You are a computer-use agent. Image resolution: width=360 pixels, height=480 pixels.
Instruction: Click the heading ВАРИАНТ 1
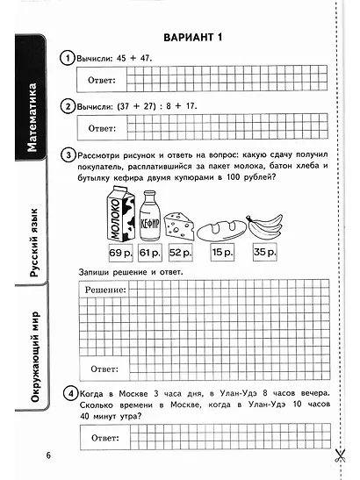click(x=194, y=37)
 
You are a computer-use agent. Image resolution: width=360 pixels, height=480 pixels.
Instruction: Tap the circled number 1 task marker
click(x=67, y=58)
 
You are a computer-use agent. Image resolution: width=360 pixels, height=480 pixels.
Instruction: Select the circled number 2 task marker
click(x=67, y=106)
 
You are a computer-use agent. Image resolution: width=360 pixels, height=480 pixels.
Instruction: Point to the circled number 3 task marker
click(x=68, y=154)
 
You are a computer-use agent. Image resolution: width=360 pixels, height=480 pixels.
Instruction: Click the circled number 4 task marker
click(x=68, y=392)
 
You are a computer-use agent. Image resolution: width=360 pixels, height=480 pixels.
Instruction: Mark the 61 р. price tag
click(x=149, y=254)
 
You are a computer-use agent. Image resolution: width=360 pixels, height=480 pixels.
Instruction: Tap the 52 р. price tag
click(x=180, y=254)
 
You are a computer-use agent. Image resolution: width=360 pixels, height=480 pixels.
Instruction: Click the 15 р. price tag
click(x=221, y=254)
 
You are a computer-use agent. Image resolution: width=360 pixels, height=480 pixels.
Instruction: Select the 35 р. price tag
click(x=263, y=254)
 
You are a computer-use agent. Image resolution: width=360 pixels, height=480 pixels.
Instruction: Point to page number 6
click(x=49, y=455)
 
